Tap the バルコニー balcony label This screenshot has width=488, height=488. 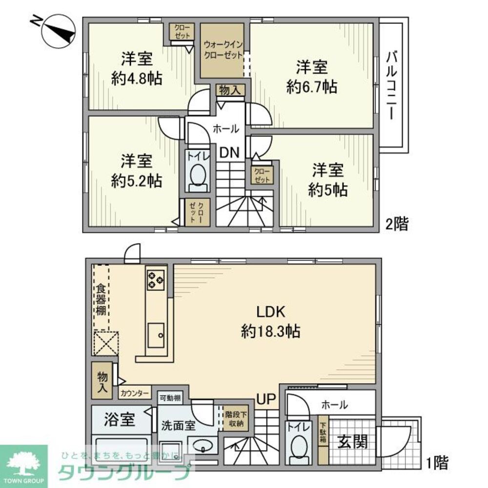click(x=391, y=85)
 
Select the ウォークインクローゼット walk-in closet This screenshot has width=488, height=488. click(x=223, y=49)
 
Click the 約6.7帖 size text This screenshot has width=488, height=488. click(x=311, y=87)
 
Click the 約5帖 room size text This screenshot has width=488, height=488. click(x=327, y=190)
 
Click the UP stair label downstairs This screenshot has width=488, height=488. click(x=266, y=399)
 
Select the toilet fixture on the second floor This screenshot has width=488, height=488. click(x=198, y=176)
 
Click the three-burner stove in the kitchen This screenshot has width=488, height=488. click(x=156, y=279)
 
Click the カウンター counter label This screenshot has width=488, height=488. click(x=134, y=392)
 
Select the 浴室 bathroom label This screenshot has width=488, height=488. click(x=120, y=420)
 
